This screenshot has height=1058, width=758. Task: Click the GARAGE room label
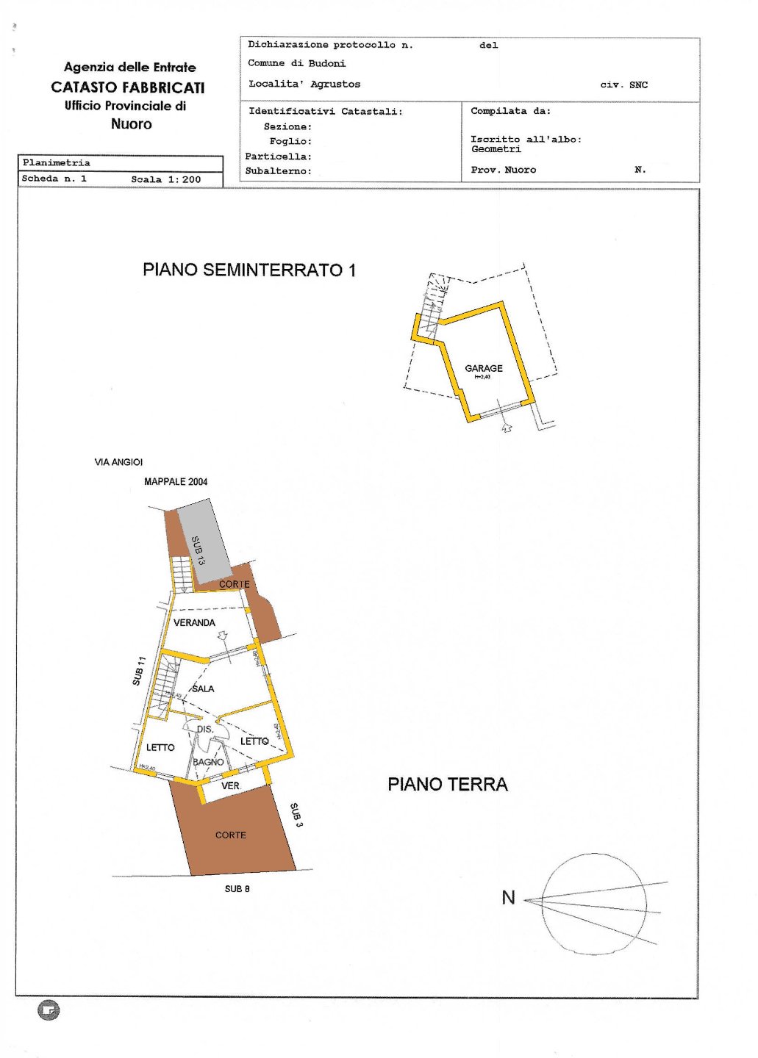coord(483,368)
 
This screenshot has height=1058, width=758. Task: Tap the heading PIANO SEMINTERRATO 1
coord(249,270)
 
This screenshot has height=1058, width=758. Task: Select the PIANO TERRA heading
coord(447,785)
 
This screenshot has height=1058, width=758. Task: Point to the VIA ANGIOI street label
coord(118,462)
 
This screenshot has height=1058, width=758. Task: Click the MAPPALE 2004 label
coord(176,482)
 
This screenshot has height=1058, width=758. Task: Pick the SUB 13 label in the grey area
coord(198,550)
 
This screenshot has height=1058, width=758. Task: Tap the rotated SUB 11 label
coord(138,672)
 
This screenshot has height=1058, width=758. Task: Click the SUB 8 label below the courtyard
coord(237,889)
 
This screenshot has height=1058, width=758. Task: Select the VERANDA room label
coord(194,623)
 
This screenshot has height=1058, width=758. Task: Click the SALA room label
coord(203,689)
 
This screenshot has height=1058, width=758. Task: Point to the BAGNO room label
coord(208,762)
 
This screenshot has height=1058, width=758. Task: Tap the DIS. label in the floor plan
coord(205,730)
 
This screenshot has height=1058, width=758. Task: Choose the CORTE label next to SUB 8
coord(230,835)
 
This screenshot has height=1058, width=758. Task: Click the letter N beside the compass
coord(508,898)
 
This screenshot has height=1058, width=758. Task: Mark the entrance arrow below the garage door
coord(506,427)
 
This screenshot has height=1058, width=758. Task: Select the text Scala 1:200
coord(165,179)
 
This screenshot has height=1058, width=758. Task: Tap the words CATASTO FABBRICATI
coord(128,87)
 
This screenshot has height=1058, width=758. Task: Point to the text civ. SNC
coord(623,85)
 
